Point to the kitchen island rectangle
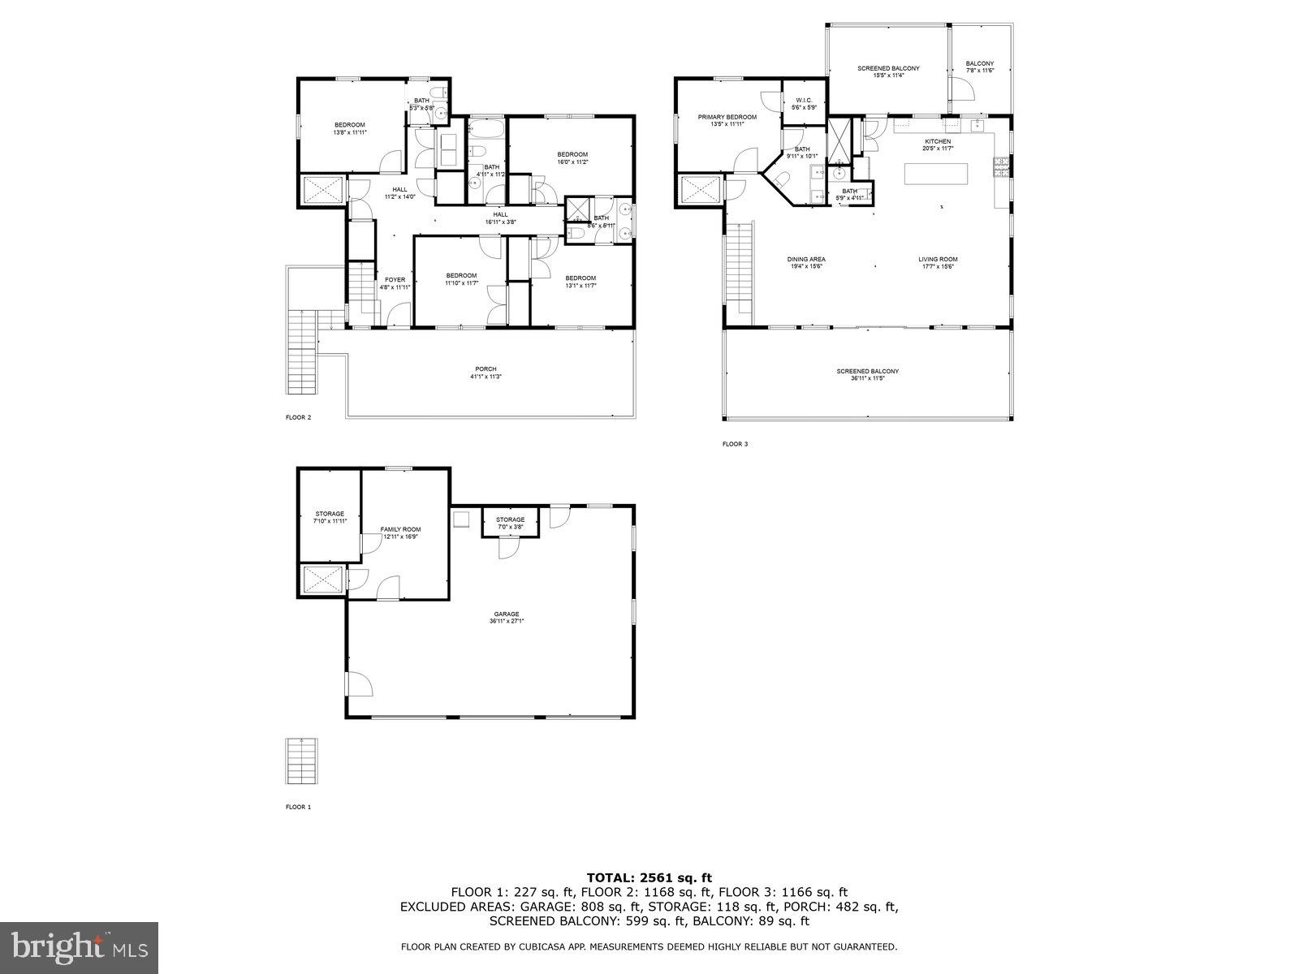coord(937,174)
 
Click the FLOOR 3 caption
coord(736,444)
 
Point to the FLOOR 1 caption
coord(298,807)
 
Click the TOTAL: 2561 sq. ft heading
coord(649,877)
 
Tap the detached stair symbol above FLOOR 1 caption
coord(302,761)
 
